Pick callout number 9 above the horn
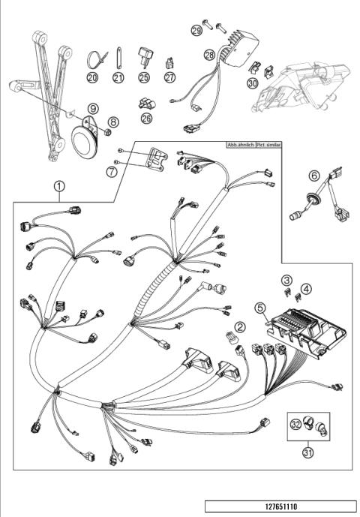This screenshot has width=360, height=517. [x=93, y=109]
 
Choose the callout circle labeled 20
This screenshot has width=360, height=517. [x=92, y=77]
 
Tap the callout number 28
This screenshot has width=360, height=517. [x=208, y=55]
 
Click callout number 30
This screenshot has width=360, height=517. [x=252, y=83]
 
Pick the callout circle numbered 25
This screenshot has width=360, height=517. [x=145, y=77]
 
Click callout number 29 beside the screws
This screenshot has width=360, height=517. [x=196, y=29]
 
